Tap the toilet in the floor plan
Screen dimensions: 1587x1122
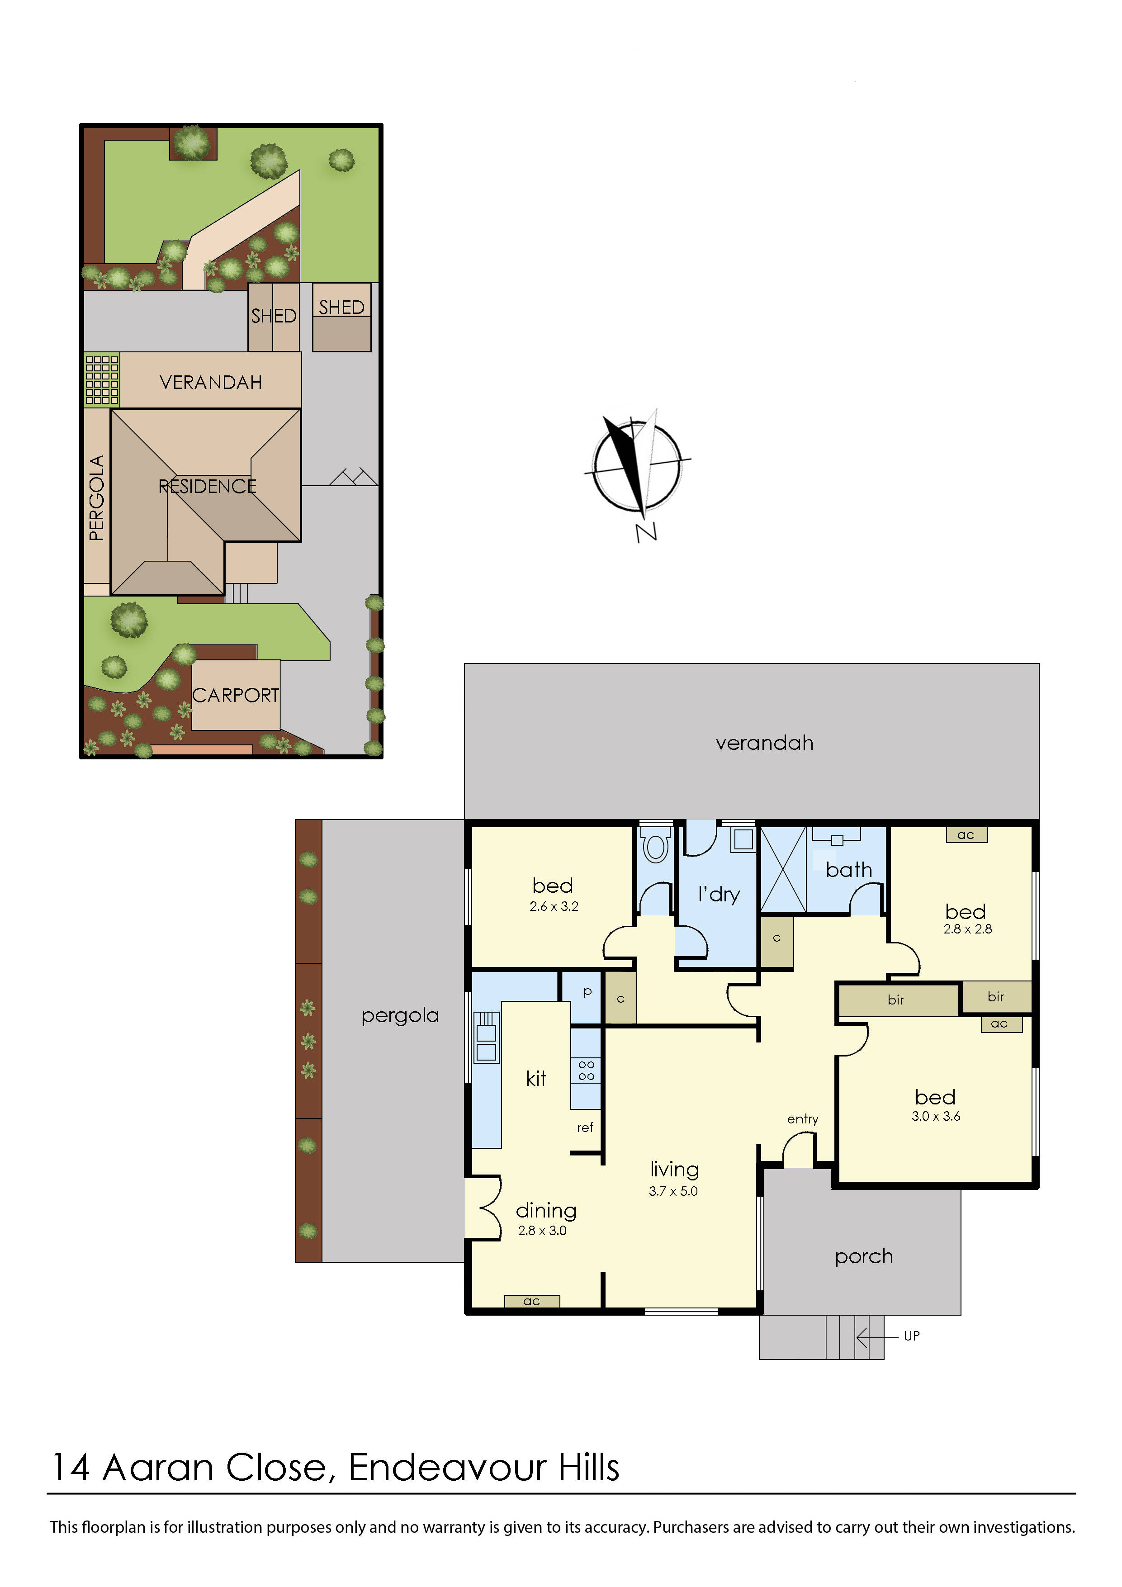click(x=655, y=845)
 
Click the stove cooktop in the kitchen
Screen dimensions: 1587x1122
click(x=586, y=1071)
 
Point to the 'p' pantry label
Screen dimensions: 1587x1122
click(x=587, y=991)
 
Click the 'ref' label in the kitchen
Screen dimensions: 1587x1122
click(x=585, y=1127)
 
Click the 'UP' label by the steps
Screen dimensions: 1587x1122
click(x=911, y=1336)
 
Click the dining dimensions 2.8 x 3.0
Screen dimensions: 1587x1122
click(x=542, y=1230)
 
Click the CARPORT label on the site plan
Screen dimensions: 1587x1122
click(x=235, y=695)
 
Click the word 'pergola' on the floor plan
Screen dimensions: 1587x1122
click(x=400, y=1015)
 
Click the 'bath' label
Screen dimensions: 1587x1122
click(x=848, y=870)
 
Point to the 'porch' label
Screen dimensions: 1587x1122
click(x=863, y=1256)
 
